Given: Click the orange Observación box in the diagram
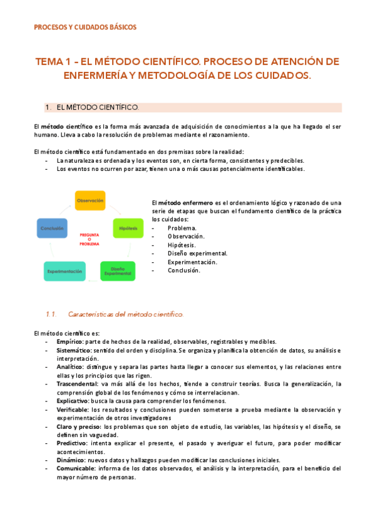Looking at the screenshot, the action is pos(90,200).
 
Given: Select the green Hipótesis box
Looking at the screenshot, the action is pos(128,229).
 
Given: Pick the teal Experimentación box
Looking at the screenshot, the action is pos(64,271).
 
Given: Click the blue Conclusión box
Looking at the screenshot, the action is pos(52,229).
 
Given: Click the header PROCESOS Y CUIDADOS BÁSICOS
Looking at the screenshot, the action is pos(85,27).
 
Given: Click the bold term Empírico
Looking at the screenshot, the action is pos(69,341).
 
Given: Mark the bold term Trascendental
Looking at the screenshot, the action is pos(76,384).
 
